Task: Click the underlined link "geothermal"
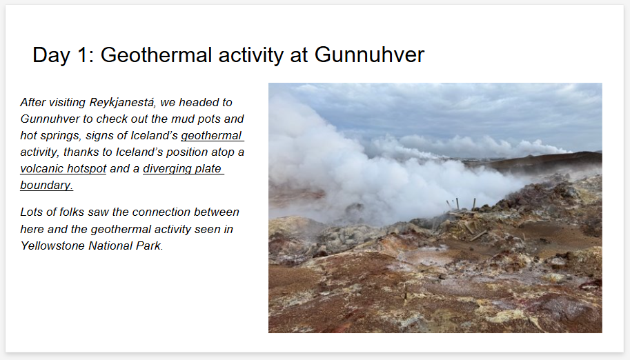coord(211,136)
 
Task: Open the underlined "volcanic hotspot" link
coord(63,169)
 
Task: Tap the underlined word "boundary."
coord(46,185)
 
